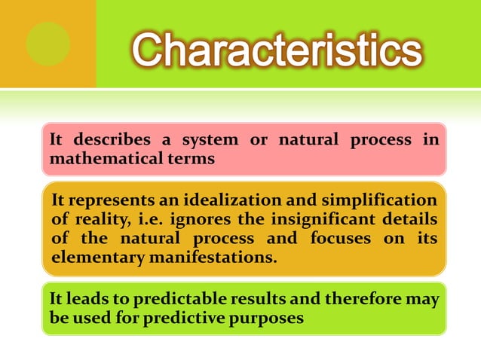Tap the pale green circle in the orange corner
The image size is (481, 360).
point(48,44)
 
